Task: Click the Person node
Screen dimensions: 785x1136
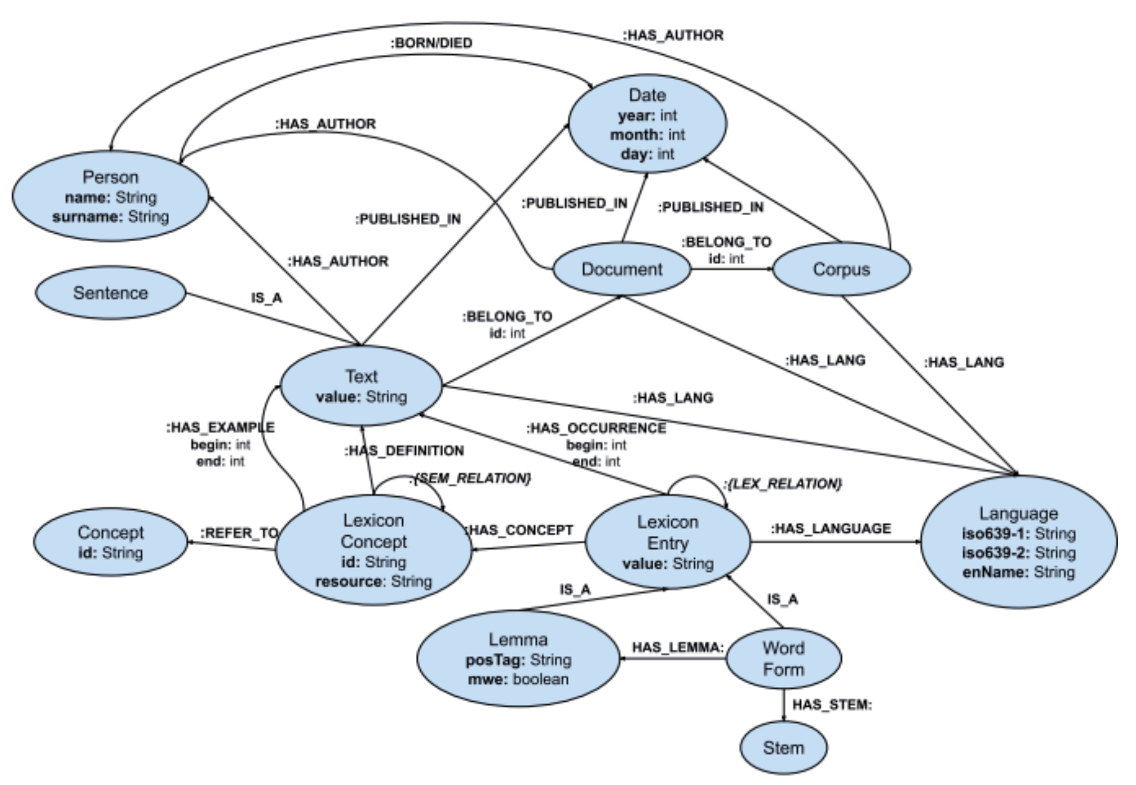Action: click(110, 195)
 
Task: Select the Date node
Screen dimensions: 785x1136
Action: click(647, 124)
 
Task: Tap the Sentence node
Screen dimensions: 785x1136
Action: click(110, 293)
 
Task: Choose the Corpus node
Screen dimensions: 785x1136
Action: click(841, 269)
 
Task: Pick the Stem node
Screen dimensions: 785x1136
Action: click(784, 748)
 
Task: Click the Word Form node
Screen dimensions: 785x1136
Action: click(784, 659)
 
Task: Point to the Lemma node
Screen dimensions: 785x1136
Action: click(518, 659)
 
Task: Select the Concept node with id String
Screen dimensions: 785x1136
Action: click(110, 542)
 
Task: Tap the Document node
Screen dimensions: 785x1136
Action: click(621, 269)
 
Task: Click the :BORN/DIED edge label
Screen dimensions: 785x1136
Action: click(431, 43)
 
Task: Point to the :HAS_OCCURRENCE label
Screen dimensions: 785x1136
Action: click(596, 428)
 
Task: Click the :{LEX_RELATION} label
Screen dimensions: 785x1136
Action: click(783, 484)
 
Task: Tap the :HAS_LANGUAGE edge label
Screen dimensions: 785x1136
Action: click(831, 528)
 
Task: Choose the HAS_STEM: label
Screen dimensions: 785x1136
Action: click(832, 705)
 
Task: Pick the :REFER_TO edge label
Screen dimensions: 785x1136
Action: click(239, 533)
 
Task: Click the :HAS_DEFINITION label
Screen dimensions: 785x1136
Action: click(404, 451)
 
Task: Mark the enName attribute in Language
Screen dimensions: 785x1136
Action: click(1018, 572)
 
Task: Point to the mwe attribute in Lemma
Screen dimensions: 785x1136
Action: click(518, 679)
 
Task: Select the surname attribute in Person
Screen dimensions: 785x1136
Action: click(110, 217)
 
